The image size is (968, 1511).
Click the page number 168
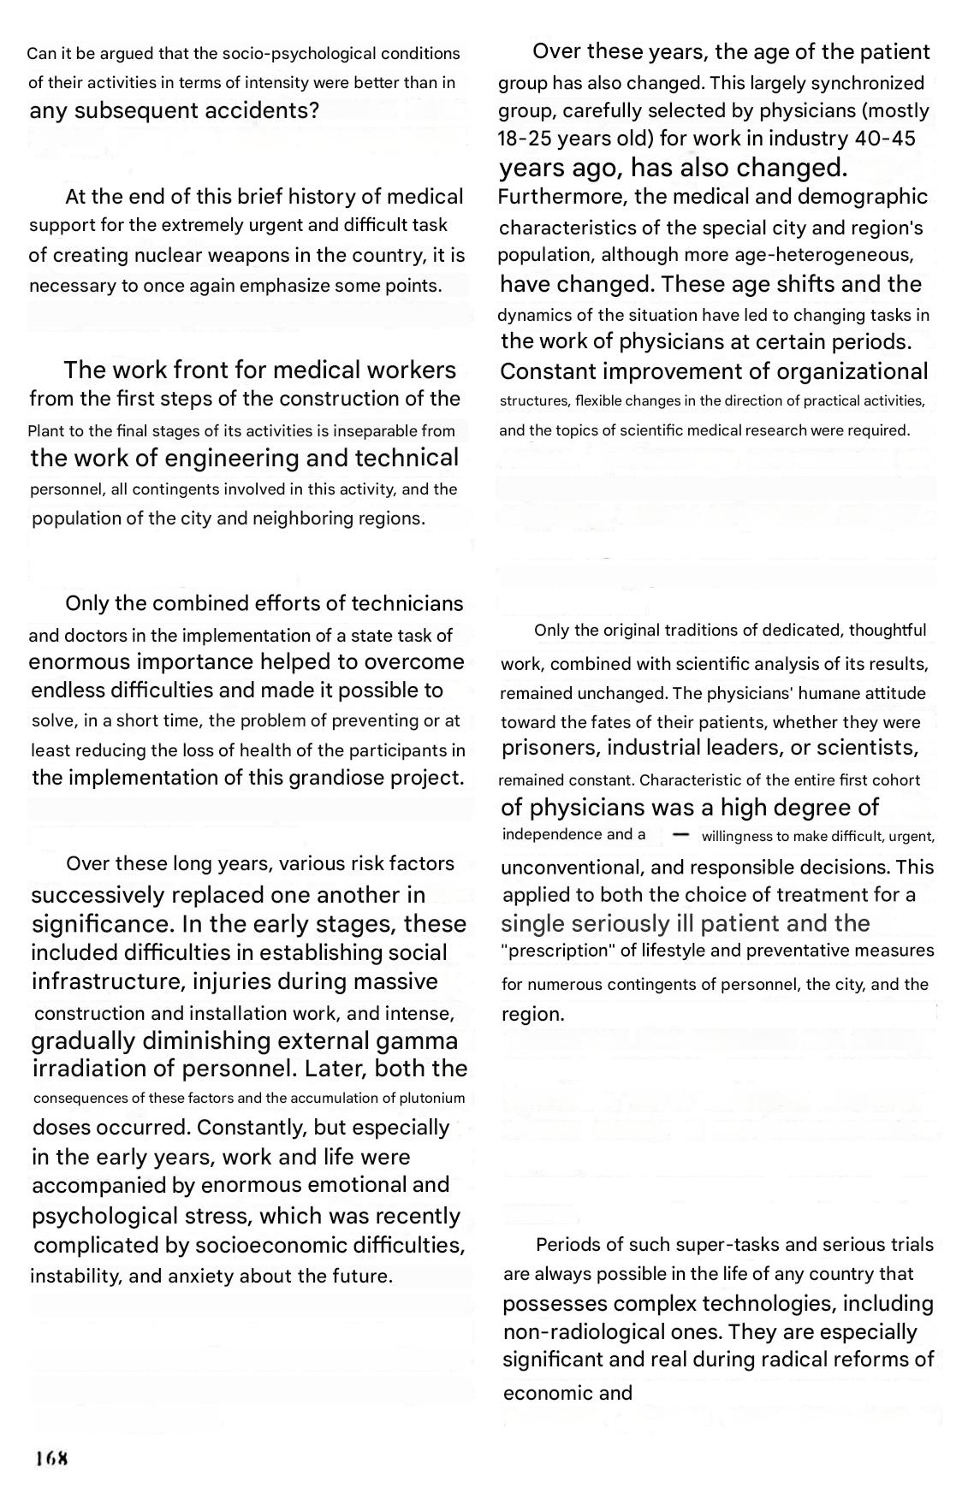[x=51, y=1459]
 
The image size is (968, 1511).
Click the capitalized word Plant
[x=47, y=431]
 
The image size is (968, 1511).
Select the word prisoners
[x=551, y=749]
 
